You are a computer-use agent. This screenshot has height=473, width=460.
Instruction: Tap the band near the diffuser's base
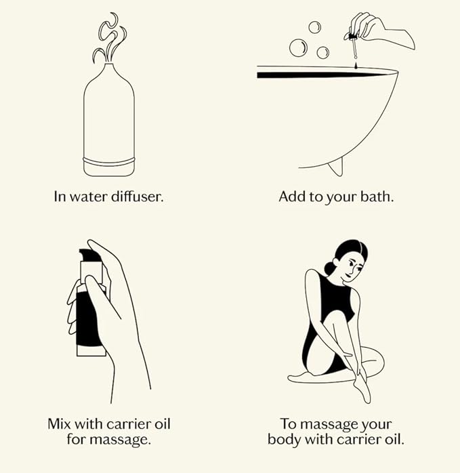(x=108, y=165)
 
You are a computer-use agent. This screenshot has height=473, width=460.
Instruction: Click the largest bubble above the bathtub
(x=297, y=47)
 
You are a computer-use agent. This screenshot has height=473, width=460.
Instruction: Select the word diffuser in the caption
(x=140, y=197)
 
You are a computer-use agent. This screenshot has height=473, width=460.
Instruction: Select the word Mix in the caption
(x=60, y=424)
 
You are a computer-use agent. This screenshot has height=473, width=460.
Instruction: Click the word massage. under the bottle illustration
(x=123, y=440)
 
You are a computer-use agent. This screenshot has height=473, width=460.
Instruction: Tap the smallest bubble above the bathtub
(x=314, y=27)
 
